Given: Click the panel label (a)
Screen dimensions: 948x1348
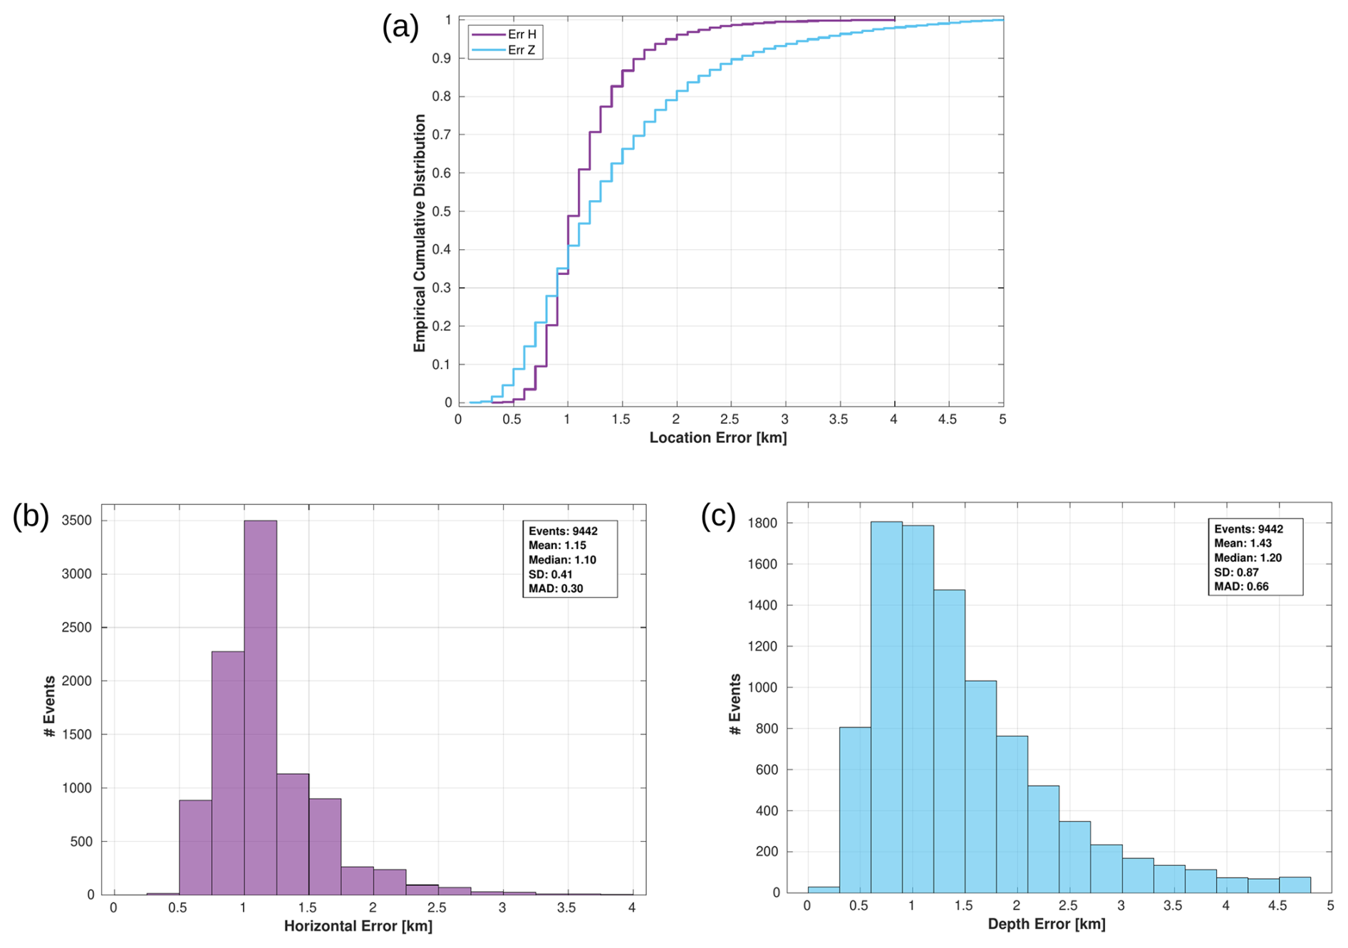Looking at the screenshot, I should pyautogui.click(x=400, y=27).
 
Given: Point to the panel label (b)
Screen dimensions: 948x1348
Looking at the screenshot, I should pyautogui.click(x=31, y=516).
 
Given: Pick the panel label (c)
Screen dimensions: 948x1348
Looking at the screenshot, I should pyautogui.click(x=718, y=515).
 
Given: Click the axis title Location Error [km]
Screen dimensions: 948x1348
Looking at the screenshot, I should pyautogui.click(x=717, y=437).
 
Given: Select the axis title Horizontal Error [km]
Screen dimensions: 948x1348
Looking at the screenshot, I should pyautogui.click(x=358, y=926).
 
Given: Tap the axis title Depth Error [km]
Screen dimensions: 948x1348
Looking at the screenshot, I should pyautogui.click(x=1046, y=924).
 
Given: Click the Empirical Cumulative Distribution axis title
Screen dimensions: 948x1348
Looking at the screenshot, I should pyautogui.click(x=420, y=233).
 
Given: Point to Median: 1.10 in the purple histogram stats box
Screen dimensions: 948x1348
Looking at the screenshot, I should pyautogui.click(x=562, y=560).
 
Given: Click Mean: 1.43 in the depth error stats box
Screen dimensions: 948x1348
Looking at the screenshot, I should pyautogui.click(x=1243, y=543).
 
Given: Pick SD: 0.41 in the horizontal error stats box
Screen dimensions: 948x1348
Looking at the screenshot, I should pyautogui.click(x=550, y=574).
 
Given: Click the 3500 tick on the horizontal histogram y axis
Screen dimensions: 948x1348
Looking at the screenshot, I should pyautogui.click(x=77, y=521).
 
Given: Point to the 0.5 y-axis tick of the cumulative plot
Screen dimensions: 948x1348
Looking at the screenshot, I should pyautogui.click(x=442, y=212).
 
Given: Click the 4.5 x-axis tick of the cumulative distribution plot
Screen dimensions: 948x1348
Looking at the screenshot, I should pyautogui.click(x=947, y=420).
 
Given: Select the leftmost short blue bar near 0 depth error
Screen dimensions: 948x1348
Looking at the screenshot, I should pyautogui.click(x=823, y=890).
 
